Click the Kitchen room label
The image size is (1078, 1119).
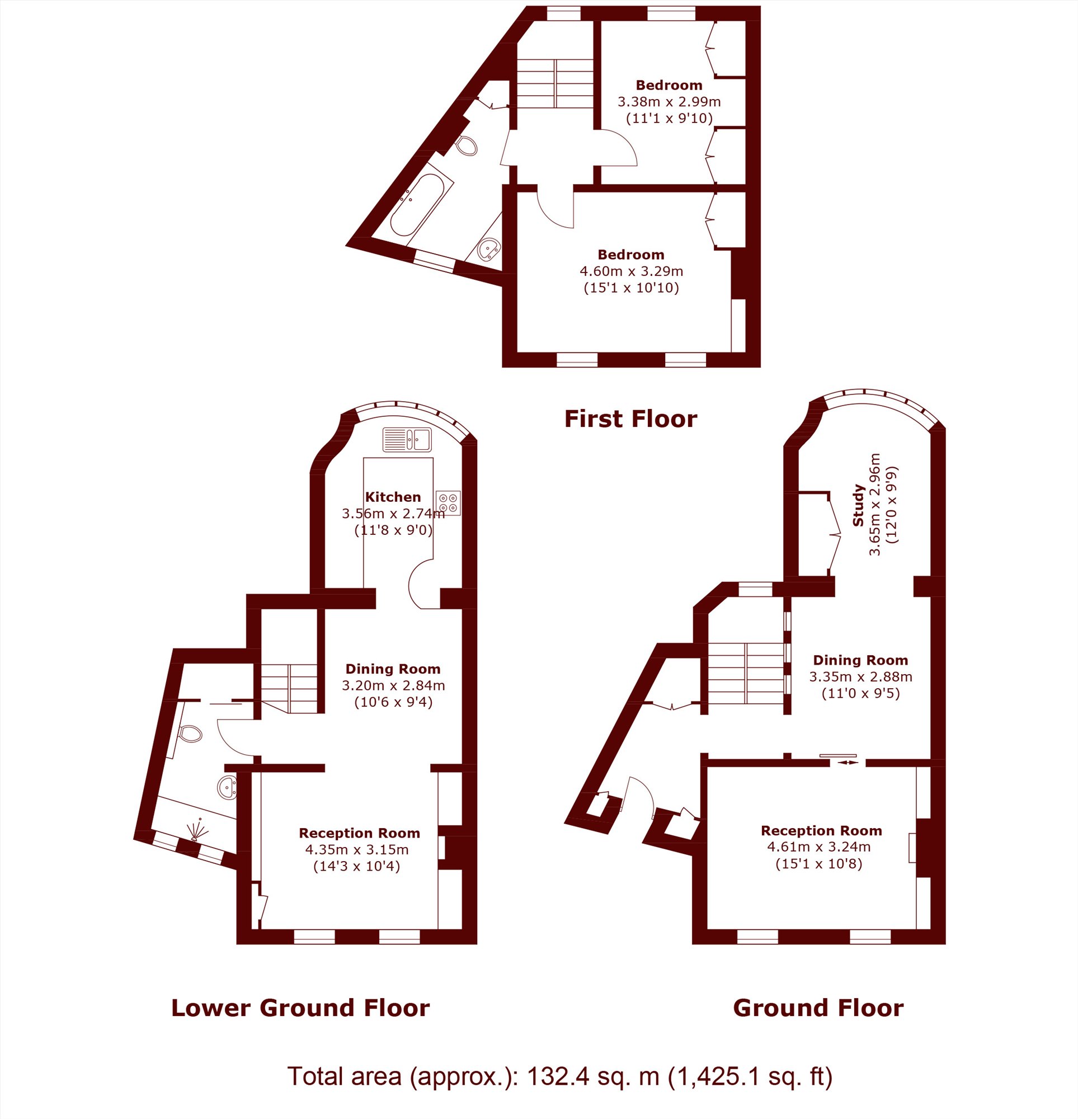tap(393, 497)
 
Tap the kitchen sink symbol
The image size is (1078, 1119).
tap(407, 440)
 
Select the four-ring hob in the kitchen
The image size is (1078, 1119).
tap(448, 503)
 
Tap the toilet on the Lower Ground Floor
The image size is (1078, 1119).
tap(190, 734)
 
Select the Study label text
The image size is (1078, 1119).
tap(857, 505)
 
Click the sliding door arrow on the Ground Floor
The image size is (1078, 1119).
tap(848, 761)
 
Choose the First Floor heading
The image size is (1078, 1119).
tap(630, 419)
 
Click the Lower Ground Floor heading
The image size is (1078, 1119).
tap(300, 1008)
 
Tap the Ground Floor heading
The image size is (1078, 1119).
tap(818, 1008)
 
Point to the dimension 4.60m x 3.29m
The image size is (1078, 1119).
tap(631, 271)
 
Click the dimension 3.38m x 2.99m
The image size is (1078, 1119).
tap(669, 102)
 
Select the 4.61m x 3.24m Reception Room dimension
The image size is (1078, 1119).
tap(819, 847)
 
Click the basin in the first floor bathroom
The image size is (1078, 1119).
tap(489, 250)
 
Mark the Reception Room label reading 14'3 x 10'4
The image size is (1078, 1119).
tap(356, 866)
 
